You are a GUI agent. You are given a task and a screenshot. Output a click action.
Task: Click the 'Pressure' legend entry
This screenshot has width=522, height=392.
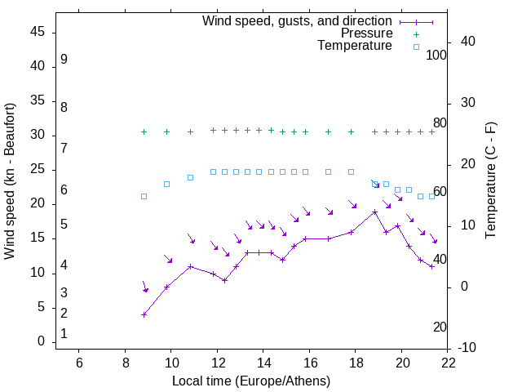tap(366, 33)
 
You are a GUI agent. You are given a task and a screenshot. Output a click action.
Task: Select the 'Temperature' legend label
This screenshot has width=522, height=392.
tap(355, 46)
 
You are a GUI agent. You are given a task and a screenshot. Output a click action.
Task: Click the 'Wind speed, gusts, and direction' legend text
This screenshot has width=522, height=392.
tap(297, 21)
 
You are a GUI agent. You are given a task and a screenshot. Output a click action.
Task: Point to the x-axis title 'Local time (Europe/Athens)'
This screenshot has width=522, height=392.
tap(251, 381)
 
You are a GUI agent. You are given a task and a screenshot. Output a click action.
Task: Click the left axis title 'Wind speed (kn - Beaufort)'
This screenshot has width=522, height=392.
tap(10, 181)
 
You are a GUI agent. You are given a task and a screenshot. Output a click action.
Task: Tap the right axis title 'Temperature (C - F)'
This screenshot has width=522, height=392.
tap(490, 181)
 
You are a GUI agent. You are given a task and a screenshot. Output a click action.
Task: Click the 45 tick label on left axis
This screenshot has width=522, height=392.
tap(37, 32)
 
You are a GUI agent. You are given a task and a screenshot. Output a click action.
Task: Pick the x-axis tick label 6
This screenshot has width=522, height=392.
tap(79, 363)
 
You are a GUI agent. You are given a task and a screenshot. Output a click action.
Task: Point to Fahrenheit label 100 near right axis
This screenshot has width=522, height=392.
tap(436, 55)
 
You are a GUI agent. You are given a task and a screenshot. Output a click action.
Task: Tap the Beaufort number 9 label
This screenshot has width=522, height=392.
tap(64, 60)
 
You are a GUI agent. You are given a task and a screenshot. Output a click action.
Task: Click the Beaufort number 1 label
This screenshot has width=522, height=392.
tap(64, 334)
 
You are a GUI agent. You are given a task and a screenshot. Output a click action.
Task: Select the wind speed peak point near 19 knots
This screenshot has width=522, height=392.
tap(374, 212)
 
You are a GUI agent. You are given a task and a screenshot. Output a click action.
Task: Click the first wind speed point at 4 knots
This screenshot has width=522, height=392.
tap(144, 314)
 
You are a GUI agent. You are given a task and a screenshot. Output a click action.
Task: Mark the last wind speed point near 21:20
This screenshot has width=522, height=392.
tap(431, 266)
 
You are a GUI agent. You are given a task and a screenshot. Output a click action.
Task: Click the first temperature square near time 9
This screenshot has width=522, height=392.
tap(144, 196)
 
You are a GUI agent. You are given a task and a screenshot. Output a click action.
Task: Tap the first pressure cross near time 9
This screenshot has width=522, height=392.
tap(144, 131)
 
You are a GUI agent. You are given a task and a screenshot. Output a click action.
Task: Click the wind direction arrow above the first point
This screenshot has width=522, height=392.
tap(144, 287)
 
